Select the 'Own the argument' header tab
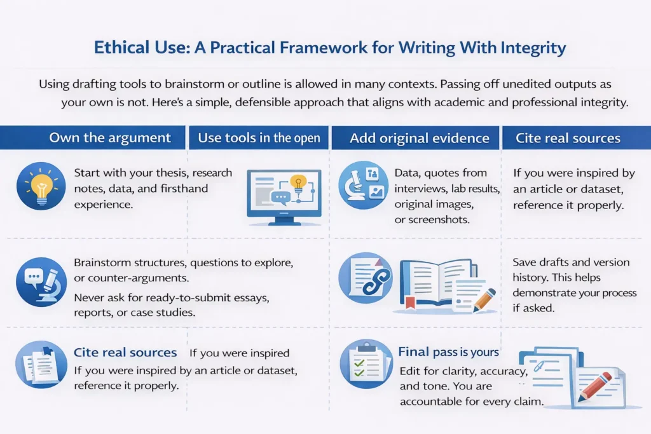pyautogui.click(x=110, y=138)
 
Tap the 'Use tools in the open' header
pyautogui.click(x=259, y=138)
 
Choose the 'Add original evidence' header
pyautogui.click(x=419, y=138)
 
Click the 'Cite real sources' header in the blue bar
pyautogui.click(x=568, y=138)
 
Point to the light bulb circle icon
pyautogui.click(x=41, y=186)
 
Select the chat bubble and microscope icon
pyautogui.click(x=39, y=280)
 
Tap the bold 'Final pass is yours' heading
pyautogui.click(x=448, y=351)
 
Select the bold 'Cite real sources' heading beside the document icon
pyautogui.click(x=125, y=352)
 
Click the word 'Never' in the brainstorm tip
pyautogui.click(x=89, y=296)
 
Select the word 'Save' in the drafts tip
pyautogui.click(x=525, y=262)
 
